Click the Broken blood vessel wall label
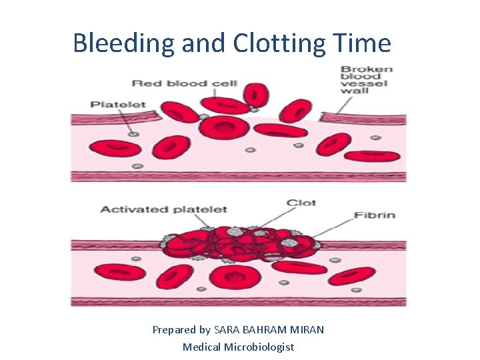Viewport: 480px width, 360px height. (x=366, y=80)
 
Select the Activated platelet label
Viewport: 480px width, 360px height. (x=163, y=209)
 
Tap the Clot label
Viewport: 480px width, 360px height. (x=301, y=203)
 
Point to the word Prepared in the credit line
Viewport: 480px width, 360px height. (x=174, y=330)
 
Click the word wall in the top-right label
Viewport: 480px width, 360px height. (x=353, y=91)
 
